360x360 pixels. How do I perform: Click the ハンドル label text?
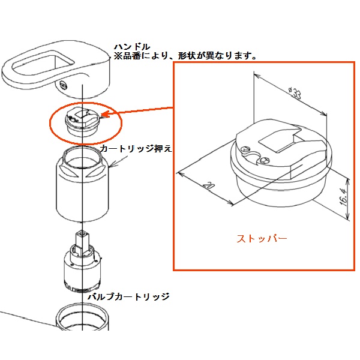point(132,47)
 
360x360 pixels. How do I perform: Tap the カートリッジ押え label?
point(136,149)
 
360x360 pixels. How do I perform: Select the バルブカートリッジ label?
point(129,297)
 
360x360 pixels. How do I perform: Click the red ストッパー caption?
point(262,239)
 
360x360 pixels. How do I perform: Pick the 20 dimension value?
point(209,185)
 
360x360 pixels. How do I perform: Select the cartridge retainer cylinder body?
point(82,184)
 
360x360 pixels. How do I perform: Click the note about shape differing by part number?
point(185,56)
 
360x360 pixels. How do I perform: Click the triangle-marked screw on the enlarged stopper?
point(245,149)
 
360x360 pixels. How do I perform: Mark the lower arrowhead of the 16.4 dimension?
point(348,217)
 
